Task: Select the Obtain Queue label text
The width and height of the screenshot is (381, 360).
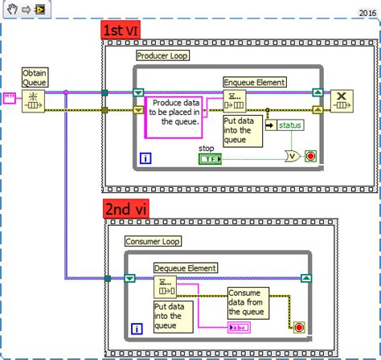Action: point(33,76)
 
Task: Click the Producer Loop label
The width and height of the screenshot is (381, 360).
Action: point(163,55)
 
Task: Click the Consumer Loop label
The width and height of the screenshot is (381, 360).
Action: point(154,241)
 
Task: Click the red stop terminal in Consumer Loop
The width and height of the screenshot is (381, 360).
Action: point(299,327)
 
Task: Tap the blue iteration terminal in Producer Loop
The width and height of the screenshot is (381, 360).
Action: point(146,158)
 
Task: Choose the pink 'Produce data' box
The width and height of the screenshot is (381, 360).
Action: point(174,116)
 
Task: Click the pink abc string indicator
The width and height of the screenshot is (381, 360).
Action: point(240,327)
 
